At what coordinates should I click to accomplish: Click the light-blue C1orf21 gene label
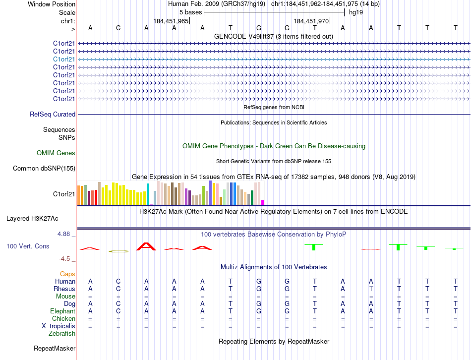pos(64,59)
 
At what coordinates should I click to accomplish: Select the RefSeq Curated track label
pos(53,114)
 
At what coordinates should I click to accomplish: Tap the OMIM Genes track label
pos(56,153)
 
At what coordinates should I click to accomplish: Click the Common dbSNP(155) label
pos(44,169)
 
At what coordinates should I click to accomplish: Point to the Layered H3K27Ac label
pos(32,218)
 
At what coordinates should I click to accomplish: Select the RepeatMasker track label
pos(55,349)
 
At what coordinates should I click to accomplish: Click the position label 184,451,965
pos(171,21)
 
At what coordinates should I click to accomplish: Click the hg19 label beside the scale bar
pos(355,12)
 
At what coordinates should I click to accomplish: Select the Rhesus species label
pos(65,289)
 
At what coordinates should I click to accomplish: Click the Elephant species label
pos(62,311)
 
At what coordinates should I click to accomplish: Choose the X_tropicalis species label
pos(59,326)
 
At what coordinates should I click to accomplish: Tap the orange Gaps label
pos(67,274)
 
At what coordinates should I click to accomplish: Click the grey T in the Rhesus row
pos(371,289)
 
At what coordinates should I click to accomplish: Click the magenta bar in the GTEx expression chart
pos(262,202)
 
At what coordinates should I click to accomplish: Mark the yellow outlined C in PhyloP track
pos(118,251)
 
